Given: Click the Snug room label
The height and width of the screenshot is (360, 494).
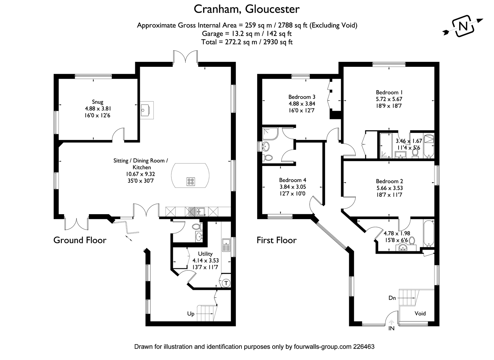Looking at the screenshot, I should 98,102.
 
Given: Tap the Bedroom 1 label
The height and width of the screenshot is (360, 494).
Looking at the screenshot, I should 389,92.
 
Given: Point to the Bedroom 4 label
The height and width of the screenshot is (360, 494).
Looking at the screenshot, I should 292,180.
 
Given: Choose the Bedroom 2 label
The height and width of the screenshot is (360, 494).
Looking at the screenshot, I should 389,181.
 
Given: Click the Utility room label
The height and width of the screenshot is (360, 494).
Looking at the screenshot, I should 205,254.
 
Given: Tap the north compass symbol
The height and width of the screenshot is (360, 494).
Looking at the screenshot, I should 463,26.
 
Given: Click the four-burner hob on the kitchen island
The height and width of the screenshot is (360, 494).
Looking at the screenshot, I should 190,181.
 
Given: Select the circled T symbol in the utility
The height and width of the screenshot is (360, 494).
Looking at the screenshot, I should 226,283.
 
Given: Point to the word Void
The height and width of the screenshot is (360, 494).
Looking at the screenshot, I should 420,313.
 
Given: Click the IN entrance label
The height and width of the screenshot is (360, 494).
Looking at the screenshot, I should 391,328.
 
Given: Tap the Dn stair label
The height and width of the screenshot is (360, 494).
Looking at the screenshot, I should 392,298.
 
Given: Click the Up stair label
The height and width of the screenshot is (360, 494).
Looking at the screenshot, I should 191,314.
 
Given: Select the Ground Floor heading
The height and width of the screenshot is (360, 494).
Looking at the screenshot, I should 80,240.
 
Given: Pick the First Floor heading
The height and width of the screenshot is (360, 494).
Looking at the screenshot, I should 276,240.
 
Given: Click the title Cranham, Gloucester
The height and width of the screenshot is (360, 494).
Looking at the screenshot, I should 246,9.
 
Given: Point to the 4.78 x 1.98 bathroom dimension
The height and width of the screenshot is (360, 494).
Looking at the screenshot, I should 397,234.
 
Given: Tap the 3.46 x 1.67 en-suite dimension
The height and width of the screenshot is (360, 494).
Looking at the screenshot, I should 409,141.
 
